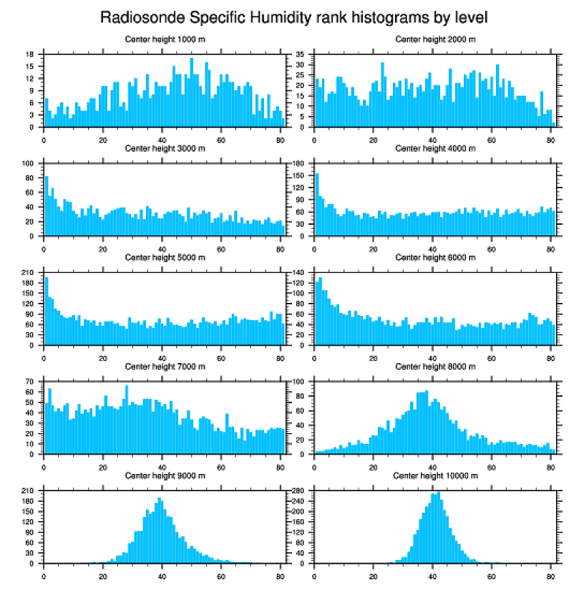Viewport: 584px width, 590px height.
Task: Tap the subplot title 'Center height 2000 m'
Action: tap(435, 39)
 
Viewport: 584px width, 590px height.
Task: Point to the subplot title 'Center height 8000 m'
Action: tap(435, 367)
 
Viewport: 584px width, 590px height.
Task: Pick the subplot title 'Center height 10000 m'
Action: tap(435, 475)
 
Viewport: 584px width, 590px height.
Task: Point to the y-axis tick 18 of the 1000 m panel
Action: tap(31, 54)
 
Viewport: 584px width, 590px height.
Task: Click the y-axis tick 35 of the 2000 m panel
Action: tap(301, 54)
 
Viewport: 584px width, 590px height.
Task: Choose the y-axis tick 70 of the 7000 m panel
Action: tap(31, 382)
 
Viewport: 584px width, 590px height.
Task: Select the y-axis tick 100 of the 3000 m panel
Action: tap(29, 163)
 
